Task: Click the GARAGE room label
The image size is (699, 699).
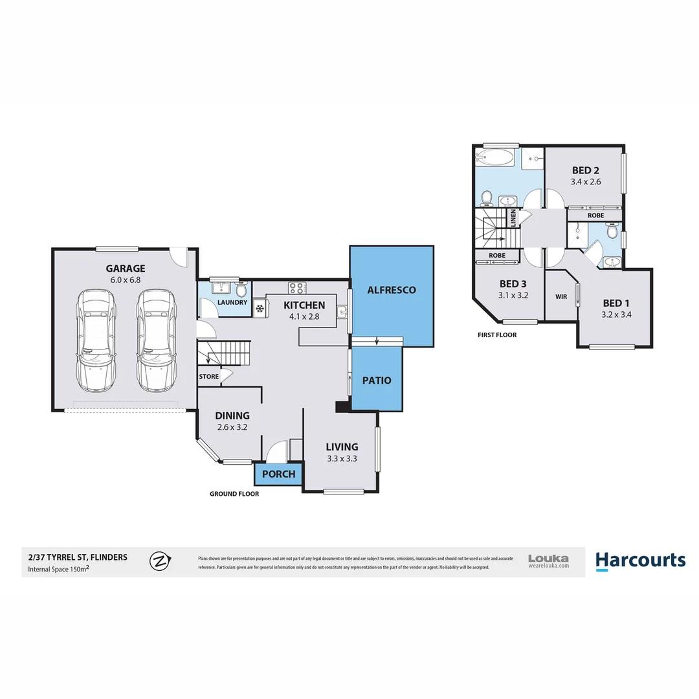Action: [126, 269]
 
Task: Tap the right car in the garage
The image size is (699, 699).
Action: [156, 340]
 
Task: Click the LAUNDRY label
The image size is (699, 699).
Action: [232, 302]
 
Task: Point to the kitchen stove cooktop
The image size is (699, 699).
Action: [296, 287]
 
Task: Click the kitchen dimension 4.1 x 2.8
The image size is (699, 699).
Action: [304, 317]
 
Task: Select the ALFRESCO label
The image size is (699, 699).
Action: [392, 290]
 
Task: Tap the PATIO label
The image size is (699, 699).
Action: [377, 380]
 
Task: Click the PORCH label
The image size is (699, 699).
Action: [279, 474]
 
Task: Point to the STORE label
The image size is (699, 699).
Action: [208, 376]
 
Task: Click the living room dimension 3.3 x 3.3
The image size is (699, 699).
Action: [342, 458]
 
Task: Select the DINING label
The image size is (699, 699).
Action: [232, 416]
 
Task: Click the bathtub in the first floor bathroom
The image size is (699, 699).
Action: [495, 157]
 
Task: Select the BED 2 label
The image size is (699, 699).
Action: [586, 170]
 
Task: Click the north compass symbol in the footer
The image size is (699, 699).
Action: [159, 561]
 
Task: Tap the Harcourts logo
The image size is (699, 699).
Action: [640, 560]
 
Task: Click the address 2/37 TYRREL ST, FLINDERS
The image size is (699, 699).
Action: [78, 557]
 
